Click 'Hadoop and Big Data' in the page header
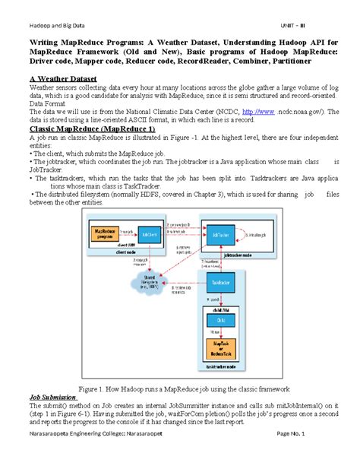click(x=54, y=16)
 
